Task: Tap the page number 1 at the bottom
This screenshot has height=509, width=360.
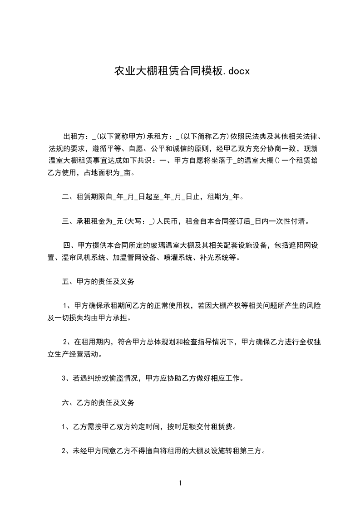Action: pos(181,483)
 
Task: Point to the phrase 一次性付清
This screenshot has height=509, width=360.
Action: pos(290,222)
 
